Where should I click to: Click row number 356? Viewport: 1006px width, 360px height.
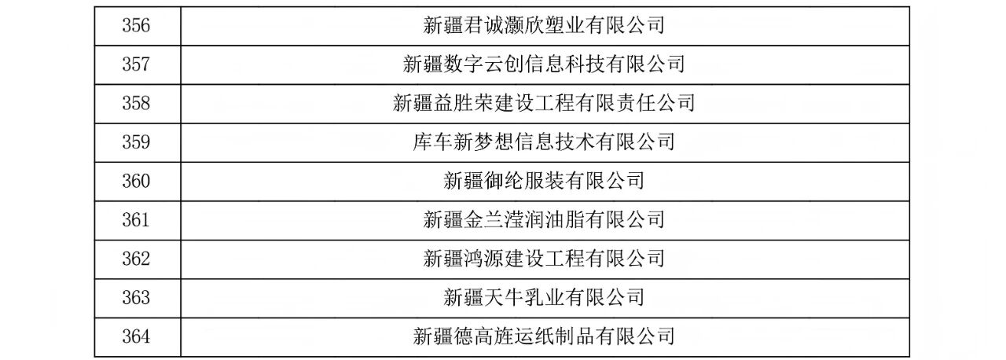click(x=137, y=26)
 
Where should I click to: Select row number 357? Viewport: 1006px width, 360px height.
click(x=137, y=64)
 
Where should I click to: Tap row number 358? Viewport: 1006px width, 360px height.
click(x=137, y=104)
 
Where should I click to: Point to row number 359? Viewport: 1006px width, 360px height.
click(x=137, y=142)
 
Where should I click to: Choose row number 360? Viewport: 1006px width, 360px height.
click(x=137, y=182)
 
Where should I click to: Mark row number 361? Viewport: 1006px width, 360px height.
click(x=137, y=220)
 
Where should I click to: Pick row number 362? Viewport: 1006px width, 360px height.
click(x=137, y=259)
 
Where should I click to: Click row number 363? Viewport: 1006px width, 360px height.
click(x=137, y=298)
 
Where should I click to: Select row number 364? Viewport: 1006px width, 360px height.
click(x=137, y=336)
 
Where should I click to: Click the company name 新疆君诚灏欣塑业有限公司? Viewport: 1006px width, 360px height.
click(x=544, y=26)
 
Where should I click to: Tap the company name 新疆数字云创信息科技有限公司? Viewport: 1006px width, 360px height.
click(x=544, y=64)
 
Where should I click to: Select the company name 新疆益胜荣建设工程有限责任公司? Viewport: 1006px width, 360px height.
click(x=544, y=104)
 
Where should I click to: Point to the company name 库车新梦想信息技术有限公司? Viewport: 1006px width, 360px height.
click(x=544, y=142)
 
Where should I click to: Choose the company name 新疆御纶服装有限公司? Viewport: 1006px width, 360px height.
click(x=544, y=182)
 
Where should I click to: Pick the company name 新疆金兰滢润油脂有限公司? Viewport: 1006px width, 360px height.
click(x=544, y=220)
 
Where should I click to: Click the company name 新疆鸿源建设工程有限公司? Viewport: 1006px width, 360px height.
click(x=544, y=259)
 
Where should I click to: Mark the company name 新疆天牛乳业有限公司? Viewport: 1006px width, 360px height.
click(x=544, y=298)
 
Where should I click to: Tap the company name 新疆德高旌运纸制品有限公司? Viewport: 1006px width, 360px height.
click(x=544, y=336)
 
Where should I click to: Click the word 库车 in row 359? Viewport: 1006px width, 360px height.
click(x=433, y=142)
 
